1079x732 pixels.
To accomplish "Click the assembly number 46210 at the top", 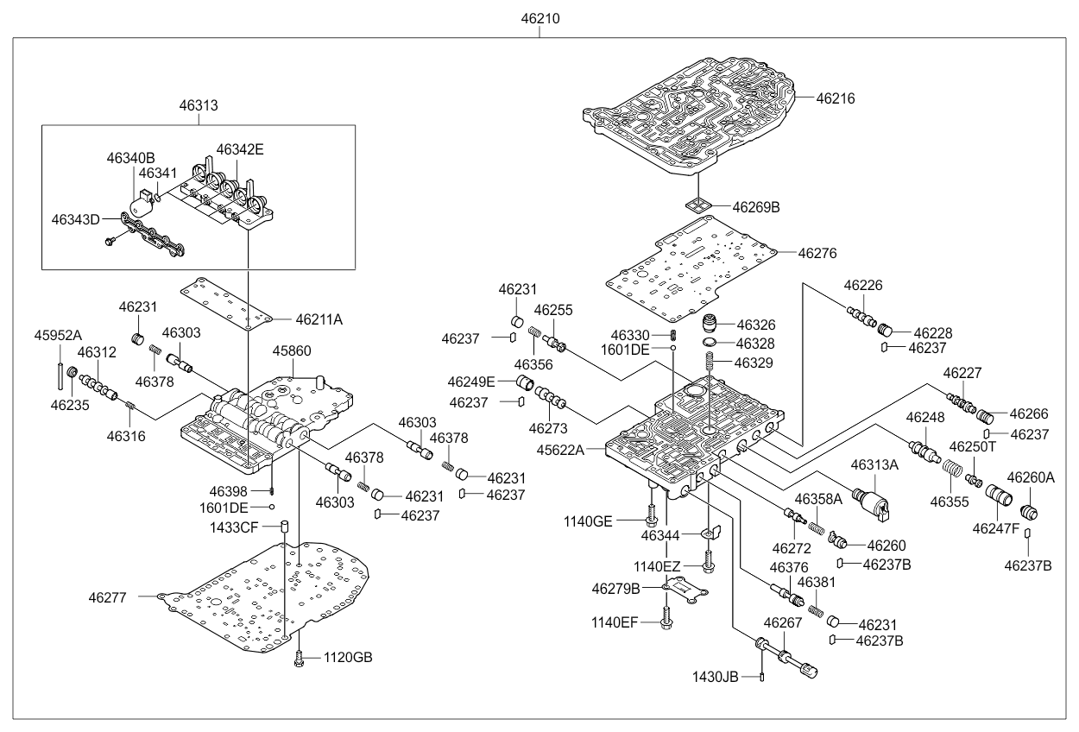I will click(x=539, y=18).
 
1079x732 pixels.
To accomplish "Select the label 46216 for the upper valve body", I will click(x=836, y=99).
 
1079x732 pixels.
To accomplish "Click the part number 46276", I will click(x=817, y=254).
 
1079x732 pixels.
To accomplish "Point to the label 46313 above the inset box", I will click(x=199, y=105).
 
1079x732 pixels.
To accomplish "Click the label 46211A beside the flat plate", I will click(x=319, y=319).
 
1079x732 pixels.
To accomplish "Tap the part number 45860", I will click(x=293, y=350).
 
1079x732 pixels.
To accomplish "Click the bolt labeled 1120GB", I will click(x=299, y=659).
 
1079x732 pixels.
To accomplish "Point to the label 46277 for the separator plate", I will click(x=107, y=596).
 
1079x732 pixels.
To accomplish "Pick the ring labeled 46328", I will click(x=708, y=344).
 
